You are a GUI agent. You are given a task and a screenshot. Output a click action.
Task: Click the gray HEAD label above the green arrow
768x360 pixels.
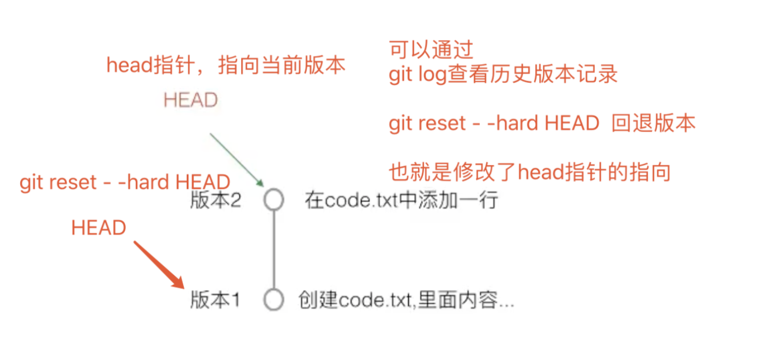[x=190, y=100]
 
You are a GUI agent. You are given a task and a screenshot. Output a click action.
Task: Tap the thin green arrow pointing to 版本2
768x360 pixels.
[x=237, y=159]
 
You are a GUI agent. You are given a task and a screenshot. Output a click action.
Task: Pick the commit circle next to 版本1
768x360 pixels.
[x=273, y=299]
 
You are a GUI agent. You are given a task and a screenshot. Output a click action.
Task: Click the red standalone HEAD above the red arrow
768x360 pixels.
[x=99, y=228]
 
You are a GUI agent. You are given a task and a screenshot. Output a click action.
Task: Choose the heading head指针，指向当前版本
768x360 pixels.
[x=226, y=66]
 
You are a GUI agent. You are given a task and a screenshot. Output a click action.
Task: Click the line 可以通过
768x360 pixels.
[x=431, y=50]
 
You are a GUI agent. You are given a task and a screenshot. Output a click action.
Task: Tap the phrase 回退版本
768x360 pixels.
[x=653, y=124]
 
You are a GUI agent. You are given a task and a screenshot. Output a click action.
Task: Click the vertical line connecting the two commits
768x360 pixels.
[x=273, y=250]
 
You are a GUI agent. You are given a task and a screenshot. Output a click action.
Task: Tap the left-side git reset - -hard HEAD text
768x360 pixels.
[x=125, y=182]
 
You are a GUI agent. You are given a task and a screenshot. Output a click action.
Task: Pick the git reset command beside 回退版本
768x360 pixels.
[x=494, y=124]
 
